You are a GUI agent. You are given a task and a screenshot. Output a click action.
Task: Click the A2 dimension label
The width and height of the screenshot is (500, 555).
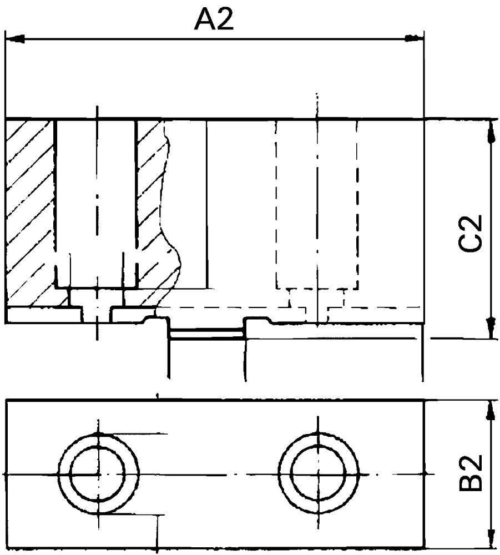coord(214,21)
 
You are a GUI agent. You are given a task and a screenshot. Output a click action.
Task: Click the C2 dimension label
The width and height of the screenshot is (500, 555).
coord(472,233)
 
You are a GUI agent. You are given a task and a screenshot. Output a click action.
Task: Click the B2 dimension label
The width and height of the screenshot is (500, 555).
coord(472,473)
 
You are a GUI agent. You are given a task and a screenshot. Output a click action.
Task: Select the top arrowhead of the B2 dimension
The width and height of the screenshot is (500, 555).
coord(491,411)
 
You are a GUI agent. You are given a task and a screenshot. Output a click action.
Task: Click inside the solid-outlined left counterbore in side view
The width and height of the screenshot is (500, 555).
coord(95,200)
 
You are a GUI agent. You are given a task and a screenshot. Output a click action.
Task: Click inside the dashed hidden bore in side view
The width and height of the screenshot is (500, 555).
coord(316,205)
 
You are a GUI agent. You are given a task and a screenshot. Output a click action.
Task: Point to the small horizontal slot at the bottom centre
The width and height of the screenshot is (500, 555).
coord(206,333)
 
